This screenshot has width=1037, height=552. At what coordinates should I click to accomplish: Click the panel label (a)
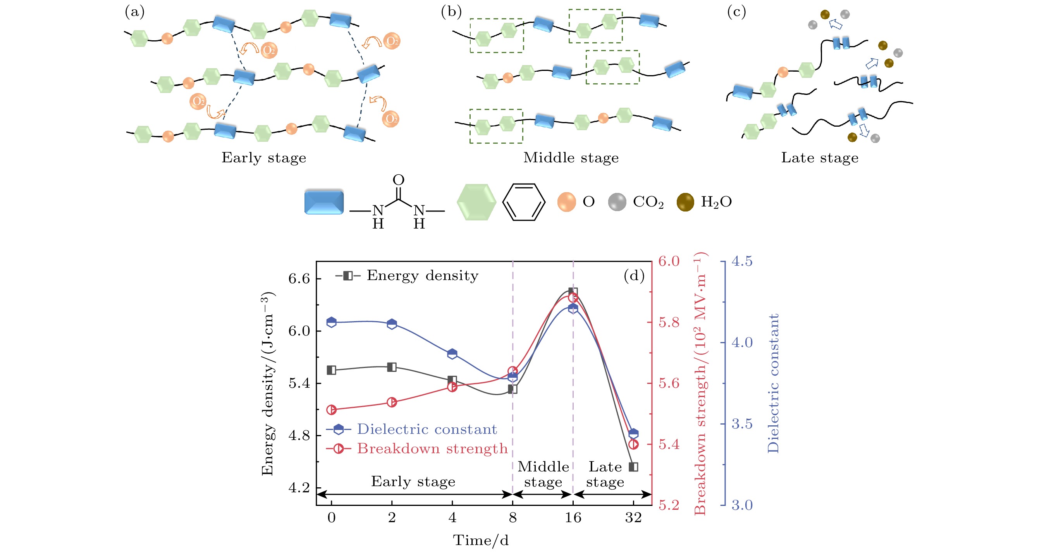(134, 12)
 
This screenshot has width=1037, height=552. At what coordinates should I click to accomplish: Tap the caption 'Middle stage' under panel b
(571, 158)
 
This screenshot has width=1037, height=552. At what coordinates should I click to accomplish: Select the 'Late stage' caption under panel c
(820, 158)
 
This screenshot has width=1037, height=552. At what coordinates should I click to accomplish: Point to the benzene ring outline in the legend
(523, 202)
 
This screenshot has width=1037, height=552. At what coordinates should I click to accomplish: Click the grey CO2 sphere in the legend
(617, 202)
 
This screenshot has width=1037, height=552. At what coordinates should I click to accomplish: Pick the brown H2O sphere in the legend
(685, 202)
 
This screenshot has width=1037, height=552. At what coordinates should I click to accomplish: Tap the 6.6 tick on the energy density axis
(299, 279)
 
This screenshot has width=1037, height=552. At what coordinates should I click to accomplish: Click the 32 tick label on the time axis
(633, 518)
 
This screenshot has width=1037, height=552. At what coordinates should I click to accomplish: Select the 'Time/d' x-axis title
(481, 540)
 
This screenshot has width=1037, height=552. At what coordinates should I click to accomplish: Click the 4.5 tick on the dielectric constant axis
(741, 262)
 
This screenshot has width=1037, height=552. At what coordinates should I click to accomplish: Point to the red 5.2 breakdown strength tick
(669, 505)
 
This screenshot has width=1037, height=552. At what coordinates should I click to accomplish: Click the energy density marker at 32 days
(633, 467)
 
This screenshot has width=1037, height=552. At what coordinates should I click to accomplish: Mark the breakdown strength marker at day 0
(331, 410)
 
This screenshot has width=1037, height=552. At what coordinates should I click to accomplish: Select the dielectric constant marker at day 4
(452, 354)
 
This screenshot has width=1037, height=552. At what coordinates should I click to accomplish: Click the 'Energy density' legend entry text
(422, 276)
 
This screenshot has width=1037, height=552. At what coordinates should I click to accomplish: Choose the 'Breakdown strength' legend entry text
(432, 449)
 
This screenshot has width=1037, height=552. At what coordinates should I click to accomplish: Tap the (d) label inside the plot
(634, 276)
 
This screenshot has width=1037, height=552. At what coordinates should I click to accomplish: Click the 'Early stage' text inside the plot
(413, 481)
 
